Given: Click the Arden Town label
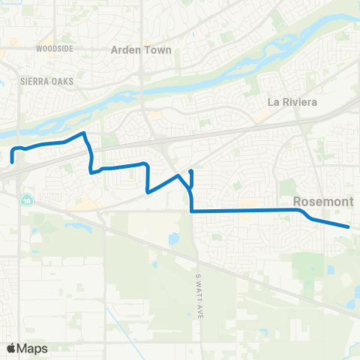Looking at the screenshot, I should coord(141,50).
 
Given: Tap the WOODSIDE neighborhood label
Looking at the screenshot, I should coord(53,48).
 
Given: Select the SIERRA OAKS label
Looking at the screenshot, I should coord(42,78).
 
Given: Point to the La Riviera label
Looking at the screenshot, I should coord(292,101).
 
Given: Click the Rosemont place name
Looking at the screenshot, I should coord(317,201).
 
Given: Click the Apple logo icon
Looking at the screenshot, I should coord(11,348).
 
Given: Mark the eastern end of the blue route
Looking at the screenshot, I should coord(349,226).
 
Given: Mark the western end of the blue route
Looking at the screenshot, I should coord(13,160).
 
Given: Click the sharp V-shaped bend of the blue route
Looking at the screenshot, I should coord(148,191).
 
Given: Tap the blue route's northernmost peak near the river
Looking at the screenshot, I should coord(84,133).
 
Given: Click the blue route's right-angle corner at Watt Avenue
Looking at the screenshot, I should coord(193,211).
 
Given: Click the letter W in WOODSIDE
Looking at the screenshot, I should coord(38,48).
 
